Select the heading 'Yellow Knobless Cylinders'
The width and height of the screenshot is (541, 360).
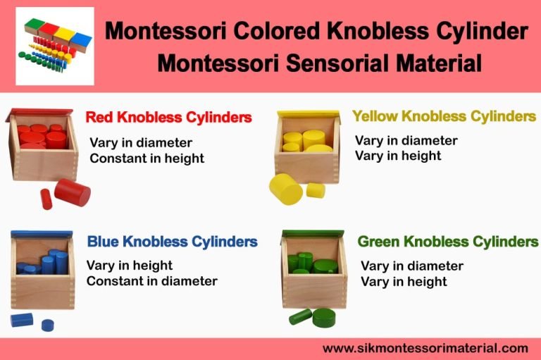coord(444,116)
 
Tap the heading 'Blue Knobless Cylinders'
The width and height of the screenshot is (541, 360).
coord(172,242)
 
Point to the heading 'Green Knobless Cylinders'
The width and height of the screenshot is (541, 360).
coord(447,242)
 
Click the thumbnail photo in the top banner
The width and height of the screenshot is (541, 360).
coord(55,46)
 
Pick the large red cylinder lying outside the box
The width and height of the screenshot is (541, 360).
coord(73,192)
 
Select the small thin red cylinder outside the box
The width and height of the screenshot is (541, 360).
coord(46,199)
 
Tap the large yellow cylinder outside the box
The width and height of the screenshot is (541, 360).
coord(286,188)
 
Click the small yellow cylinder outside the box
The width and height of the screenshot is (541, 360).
coord(315,190)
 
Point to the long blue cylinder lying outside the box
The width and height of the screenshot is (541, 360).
coord(22,320)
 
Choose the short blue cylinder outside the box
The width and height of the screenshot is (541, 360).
coord(48,325)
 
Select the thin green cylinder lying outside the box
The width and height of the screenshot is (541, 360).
coord(300,316)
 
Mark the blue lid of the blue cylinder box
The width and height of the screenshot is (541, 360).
coord(42,234)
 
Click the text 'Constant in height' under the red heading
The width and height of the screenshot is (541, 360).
coord(147,159)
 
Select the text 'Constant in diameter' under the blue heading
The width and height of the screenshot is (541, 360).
coord(151,281)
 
